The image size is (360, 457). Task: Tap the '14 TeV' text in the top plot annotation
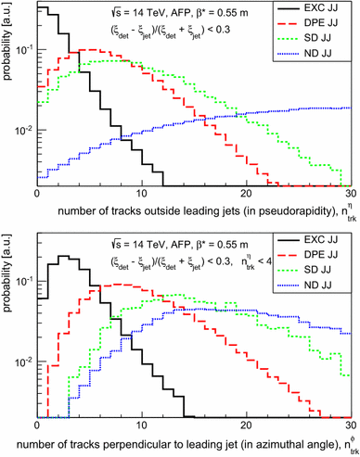(122, 15)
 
